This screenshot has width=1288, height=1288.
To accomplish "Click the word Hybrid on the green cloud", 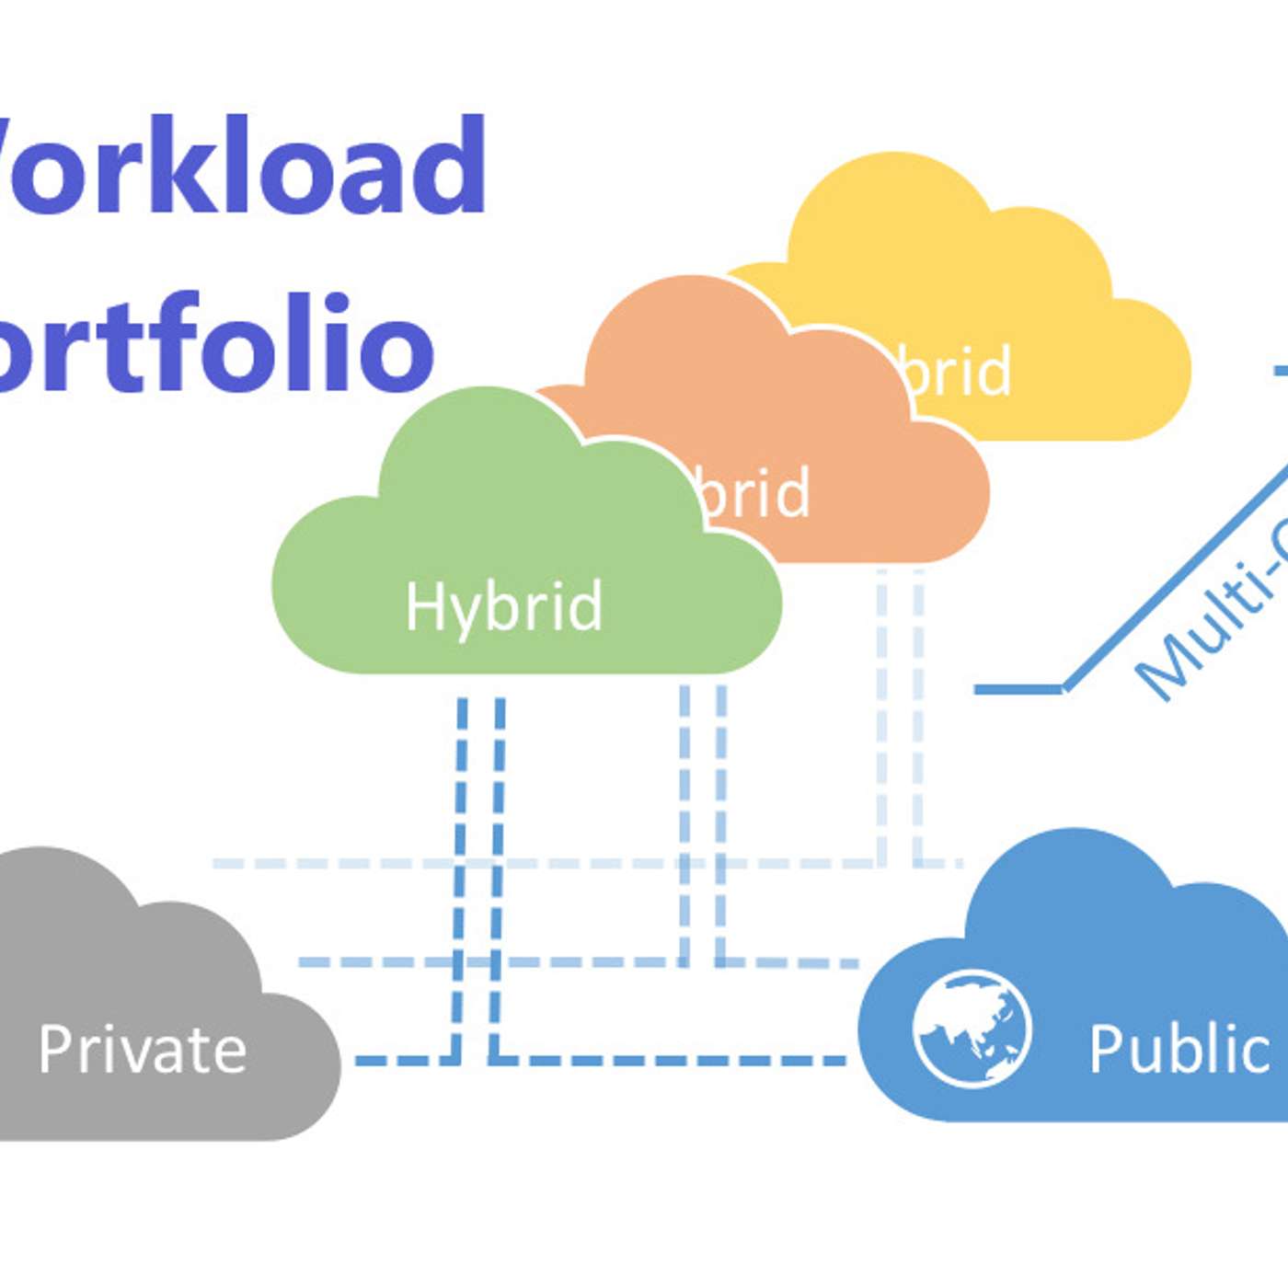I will click(504, 607).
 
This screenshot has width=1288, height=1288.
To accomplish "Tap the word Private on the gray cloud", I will click(143, 1049).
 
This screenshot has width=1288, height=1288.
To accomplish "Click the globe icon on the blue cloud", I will click(972, 1028).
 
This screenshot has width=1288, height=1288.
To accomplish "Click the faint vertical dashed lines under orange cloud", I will click(900, 718).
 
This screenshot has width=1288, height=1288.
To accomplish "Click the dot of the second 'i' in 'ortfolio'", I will click(338, 303).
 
